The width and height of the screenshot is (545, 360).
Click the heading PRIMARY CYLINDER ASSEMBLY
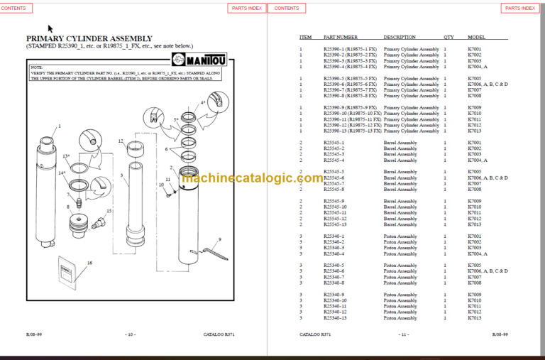tap(89, 38)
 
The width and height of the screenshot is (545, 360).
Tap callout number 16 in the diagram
tap(89, 263)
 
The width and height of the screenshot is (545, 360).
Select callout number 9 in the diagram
tap(220, 239)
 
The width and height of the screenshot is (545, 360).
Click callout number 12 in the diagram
tap(121, 141)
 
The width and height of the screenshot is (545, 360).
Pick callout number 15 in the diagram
tap(109, 211)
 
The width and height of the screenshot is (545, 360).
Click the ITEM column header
tap(305, 37)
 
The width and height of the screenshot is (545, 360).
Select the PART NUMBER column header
tap(341, 37)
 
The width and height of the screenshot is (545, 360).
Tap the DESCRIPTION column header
tap(400, 37)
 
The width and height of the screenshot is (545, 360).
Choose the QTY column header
tap(448, 37)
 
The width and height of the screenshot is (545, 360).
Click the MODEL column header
tap(476, 37)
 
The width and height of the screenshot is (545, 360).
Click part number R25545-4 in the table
tap(334, 160)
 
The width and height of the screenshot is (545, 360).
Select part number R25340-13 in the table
tap(335, 318)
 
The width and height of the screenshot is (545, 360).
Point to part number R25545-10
tap(335, 207)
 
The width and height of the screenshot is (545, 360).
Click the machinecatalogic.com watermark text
tap(253, 178)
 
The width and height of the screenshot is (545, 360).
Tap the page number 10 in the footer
tap(130, 334)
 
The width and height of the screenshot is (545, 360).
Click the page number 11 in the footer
tap(403, 334)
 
